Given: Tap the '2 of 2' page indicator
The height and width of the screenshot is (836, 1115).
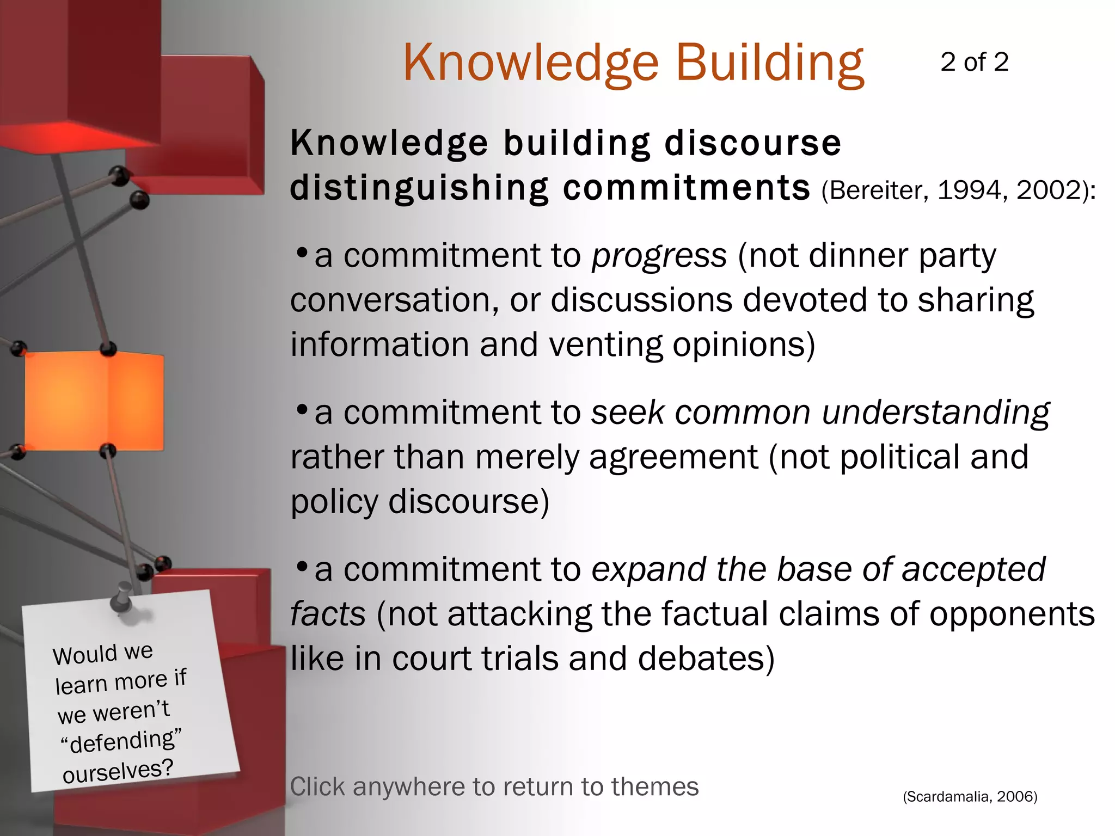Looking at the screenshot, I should point(974,62).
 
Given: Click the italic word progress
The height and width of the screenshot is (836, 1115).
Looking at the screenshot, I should point(659,256).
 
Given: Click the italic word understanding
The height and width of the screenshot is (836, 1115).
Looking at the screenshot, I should point(935,413).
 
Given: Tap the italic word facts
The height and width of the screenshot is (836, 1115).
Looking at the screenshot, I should point(328,614).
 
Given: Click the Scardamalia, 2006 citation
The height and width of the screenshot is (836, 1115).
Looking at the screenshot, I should point(970,797).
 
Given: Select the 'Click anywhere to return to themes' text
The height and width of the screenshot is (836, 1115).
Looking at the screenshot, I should point(494,787).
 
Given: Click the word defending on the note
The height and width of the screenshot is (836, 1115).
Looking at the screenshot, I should point(122,740).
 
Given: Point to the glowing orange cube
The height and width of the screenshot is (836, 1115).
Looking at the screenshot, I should point(94,401).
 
